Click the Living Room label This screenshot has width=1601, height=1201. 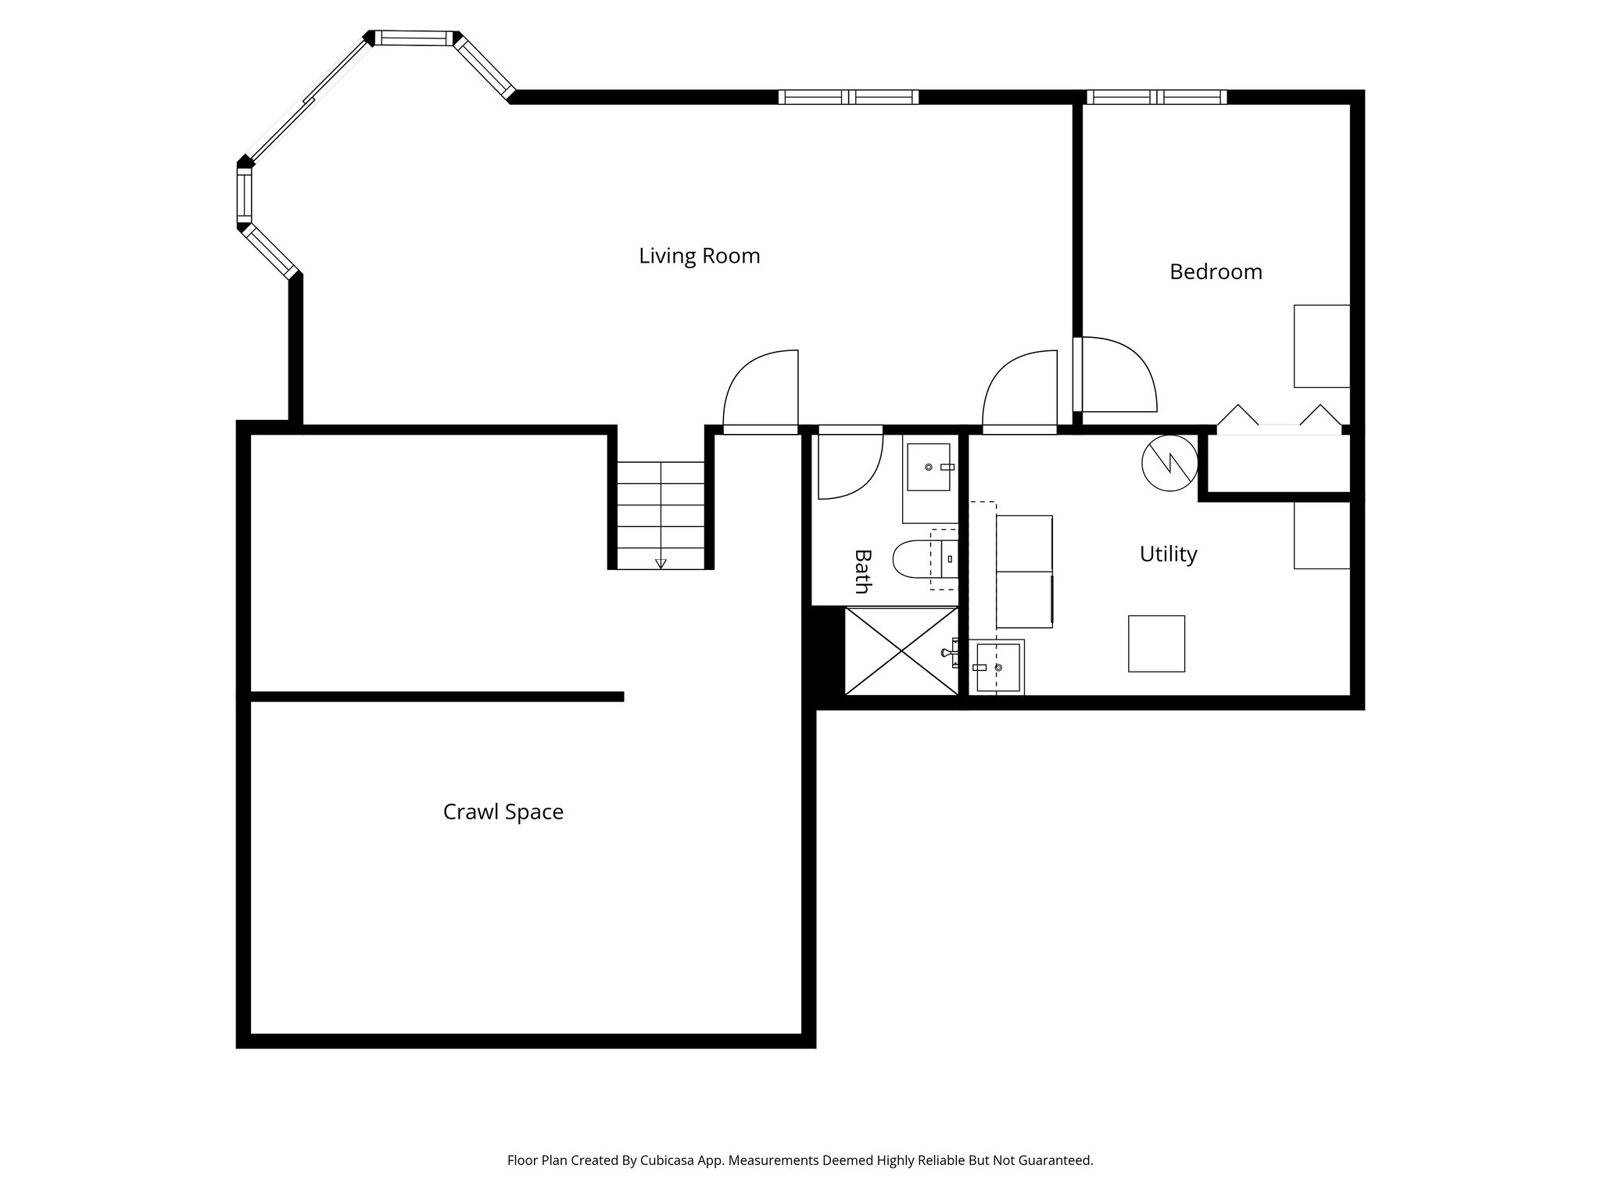click(x=699, y=256)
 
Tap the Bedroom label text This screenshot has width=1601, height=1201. click(x=1216, y=271)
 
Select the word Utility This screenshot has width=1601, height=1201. click(x=1168, y=554)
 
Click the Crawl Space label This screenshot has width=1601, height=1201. click(x=503, y=812)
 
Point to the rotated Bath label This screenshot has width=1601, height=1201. click(x=862, y=571)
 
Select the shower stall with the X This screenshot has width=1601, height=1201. click(x=901, y=651)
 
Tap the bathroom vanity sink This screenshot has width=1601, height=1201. click(x=929, y=467)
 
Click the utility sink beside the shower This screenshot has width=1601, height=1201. click(x=998, y=667)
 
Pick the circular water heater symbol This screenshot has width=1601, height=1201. click(x=1169, y=463)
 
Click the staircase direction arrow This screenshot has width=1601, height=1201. click(x=661, y=562)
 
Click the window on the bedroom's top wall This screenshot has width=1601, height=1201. click(x=1156, y=97)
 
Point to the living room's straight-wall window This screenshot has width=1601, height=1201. click(x=848, y=97)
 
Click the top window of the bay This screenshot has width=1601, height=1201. click(x=414, y=38)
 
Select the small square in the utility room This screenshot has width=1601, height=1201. click(x=1155, y=644)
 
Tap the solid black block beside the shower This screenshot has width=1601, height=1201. click(x=827, y=653)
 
